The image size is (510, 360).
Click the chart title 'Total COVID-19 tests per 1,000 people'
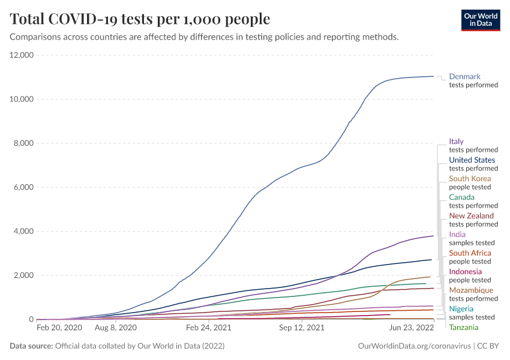pyautogui.click(x=140, y=19)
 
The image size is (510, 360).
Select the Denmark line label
pyautogui.click(x=464, y=77)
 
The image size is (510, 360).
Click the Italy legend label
pyautogui.click(x=456, y=142)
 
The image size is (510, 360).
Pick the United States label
pyautogui.click(x=472, y=160)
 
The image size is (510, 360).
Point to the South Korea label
pyautogui.click(x=470, y=179)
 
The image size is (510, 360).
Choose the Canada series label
pyautogui.click(x=461, y=197)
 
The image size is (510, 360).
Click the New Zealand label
pyautogui.click(x=471, y=216)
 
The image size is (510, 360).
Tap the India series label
pyautogui.click(x=457, y=235)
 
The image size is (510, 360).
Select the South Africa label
pyautogui.click(x=470, y=253)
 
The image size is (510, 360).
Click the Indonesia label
pyautogui.click(x=465, y=272)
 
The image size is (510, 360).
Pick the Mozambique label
pyautogui.click(x=471, y=290)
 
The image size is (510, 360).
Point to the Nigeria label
pyautogui.click(x=461, y=309)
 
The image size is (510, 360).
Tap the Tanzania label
pyautogui.click(x=464, y=328)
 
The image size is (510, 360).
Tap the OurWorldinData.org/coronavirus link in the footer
pyautogui.click(x=413, y=346)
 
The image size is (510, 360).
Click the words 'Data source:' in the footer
pyautogui.click(x=30, y=346)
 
